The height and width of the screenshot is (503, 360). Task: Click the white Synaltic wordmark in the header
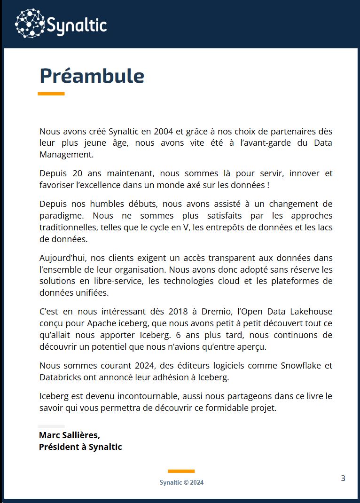click(x=77, y=24)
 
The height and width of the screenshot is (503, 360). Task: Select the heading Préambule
click(x=92, y=76)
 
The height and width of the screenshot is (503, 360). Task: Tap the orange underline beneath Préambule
click(x=51, y=94)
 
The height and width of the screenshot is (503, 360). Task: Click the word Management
click(x=66, y=154)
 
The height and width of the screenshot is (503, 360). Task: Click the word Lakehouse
click(x=311, y=311)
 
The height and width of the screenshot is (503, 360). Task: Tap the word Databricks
click(x=59, y=377)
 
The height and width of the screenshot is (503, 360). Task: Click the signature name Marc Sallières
click(x=70, y=435)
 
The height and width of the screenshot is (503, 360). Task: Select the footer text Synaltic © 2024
click(x=181, y=482)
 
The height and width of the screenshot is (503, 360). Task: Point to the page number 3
click(x=343, y=479)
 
